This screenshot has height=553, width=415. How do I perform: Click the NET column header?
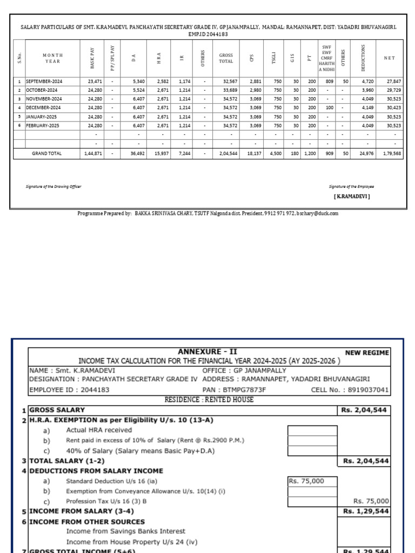389,58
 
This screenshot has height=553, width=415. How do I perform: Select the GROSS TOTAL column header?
226,58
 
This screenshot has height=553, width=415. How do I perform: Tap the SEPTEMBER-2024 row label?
45,81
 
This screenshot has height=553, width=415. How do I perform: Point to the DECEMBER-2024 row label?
44,107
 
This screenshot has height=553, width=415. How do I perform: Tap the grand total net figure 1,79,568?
392,153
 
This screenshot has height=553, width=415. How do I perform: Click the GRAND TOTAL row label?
47,153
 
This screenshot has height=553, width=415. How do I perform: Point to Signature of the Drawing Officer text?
53,186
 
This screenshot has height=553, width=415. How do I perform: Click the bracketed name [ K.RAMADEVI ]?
352,197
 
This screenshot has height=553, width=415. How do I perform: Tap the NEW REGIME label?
367,353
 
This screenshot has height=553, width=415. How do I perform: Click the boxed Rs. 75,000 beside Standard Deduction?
306,481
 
